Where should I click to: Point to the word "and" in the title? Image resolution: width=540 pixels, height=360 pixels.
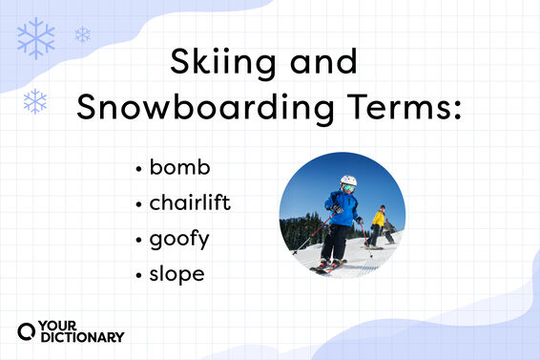321,63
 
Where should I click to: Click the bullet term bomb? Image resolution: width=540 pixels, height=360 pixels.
179,168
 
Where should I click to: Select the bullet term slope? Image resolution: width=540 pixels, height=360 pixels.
177,274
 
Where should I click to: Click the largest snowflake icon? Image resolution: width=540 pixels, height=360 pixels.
36,38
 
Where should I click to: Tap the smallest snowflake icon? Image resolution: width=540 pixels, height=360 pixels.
83,34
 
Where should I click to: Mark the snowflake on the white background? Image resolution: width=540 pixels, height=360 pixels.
35,100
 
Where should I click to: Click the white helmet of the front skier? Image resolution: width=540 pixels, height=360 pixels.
348,180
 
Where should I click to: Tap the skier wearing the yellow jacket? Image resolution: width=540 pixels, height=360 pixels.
379,223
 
